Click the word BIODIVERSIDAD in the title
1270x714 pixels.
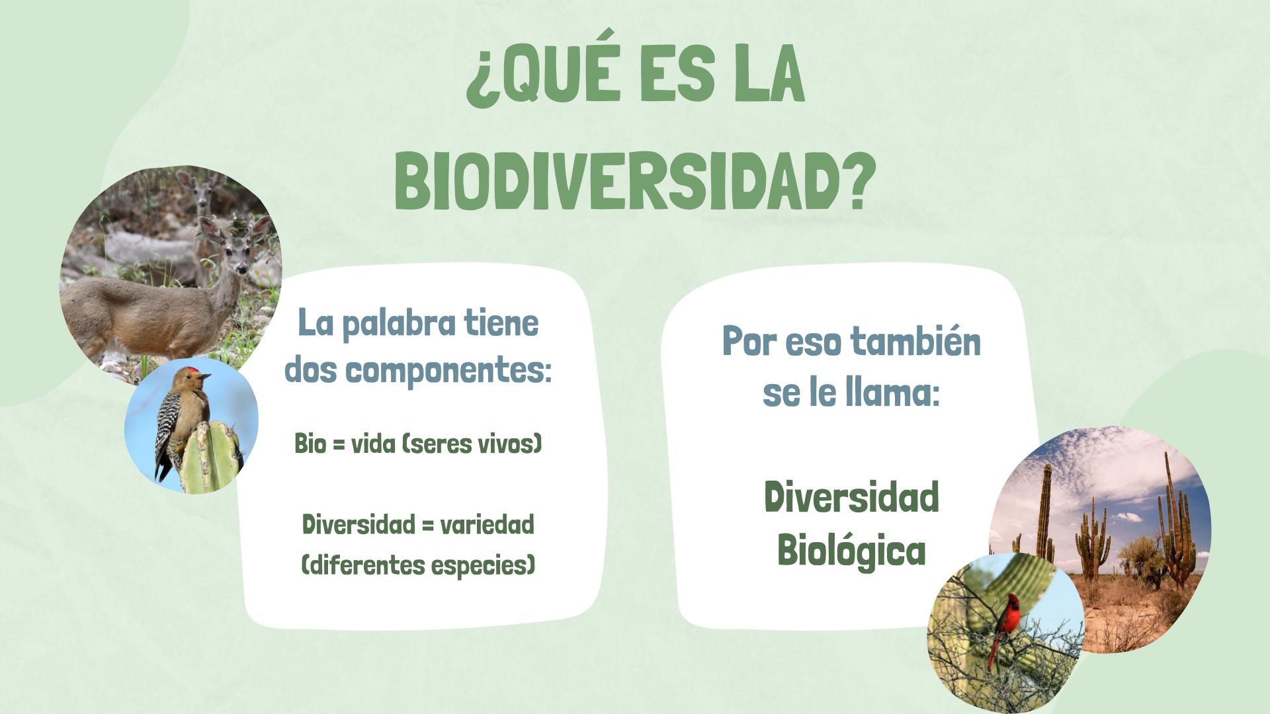[x=618, y=182]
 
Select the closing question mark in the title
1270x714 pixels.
[x=858, y=182]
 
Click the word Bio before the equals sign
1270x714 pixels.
[x=310, y=443]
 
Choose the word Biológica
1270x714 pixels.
[x=851, y=550]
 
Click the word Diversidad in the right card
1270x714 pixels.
[x=851, y=497]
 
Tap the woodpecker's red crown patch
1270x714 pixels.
[x=192, y=370]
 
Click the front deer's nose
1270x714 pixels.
[x=243, y=269]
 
